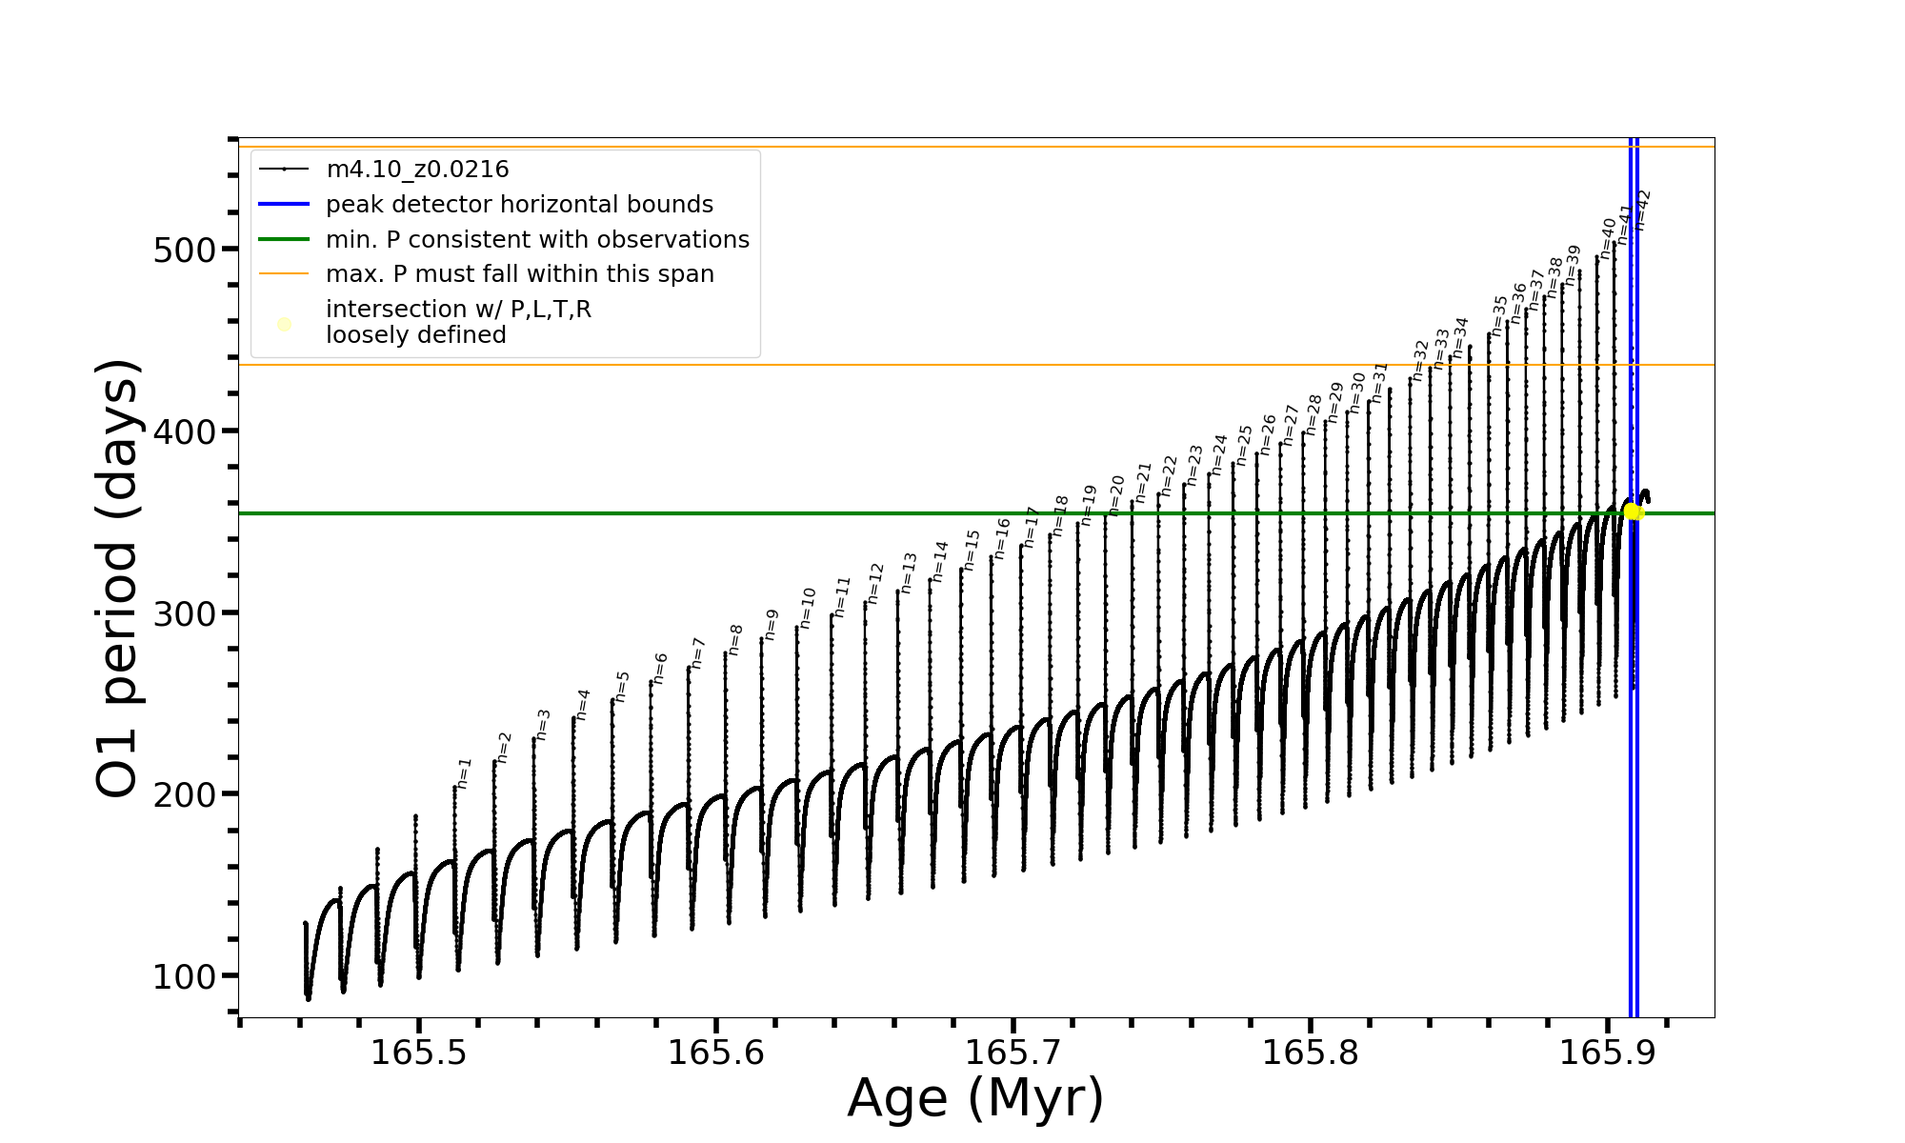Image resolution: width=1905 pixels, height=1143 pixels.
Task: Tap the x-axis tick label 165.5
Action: coord(418,1053)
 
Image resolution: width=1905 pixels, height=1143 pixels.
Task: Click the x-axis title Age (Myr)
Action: coord(975,1098)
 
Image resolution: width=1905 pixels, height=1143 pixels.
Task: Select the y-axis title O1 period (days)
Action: coord(118,578)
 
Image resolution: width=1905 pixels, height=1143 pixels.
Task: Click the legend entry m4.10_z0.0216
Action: coord(417,170)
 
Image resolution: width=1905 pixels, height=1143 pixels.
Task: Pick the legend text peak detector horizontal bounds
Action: coord(519,205)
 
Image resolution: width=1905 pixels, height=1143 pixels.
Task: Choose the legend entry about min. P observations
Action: coord(537,239)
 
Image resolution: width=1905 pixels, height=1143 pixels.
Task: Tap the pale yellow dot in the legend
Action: coord(284,325)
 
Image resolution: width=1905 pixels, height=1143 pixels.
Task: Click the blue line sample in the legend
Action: coord(284,204)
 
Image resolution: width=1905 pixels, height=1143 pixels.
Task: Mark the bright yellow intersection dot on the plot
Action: coord(1632,511)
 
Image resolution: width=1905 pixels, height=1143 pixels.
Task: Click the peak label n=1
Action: coord(464,773)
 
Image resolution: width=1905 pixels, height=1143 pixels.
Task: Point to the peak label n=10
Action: coord(808,608)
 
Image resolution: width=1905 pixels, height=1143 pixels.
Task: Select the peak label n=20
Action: coord(1116,495)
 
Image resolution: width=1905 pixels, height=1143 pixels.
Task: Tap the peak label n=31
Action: coord(1379,383)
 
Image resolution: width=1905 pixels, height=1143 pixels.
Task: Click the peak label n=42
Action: coord(1642,211)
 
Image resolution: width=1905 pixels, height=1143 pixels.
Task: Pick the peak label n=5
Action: coord(622,687)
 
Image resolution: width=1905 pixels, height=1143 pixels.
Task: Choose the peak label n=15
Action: coord(971,551)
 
